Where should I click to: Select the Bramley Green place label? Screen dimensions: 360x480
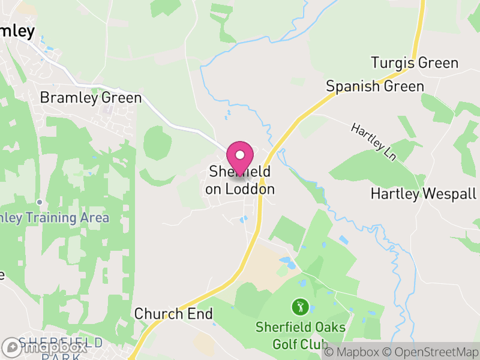(91, 98)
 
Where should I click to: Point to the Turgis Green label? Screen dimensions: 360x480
(415, 63)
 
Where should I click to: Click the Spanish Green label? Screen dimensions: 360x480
(375, 86)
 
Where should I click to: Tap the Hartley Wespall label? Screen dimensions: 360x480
(424, 194)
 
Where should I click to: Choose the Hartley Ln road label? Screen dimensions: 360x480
(374, 142)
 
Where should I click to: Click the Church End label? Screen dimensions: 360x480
(173, 314)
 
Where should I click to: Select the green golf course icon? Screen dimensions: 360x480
(299, 308)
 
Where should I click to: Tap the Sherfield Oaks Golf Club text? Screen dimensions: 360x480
(301, 335)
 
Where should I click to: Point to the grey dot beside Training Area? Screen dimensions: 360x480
(40, 202)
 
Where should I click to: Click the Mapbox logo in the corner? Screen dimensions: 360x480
(45, 347)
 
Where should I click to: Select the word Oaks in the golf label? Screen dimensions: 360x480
(331, 328)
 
